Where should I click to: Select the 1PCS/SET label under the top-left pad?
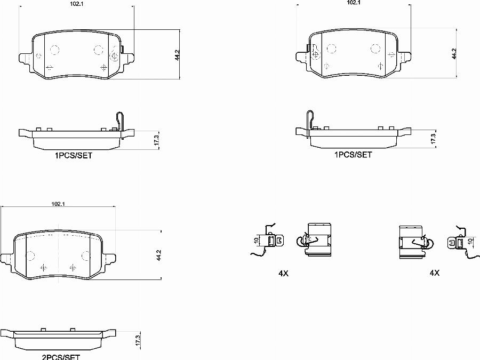click(x=73, y=156)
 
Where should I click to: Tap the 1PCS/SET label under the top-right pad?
click(x=353, y=155)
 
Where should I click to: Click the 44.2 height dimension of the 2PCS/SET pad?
click(x=158, y=255)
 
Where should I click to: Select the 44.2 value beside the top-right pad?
click(x=454, y=54)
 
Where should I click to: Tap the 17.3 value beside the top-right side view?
click(x=433, y=138)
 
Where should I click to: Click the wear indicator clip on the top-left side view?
click(x=121, y=123)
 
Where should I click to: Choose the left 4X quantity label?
click(x=283, y=274)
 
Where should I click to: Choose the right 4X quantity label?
click(x=435, y=273)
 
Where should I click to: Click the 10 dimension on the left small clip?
click(x=257, y=241)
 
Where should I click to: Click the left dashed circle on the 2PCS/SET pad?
click(x=30, y=255)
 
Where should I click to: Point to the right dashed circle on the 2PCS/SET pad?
click(x=85, y=255)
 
